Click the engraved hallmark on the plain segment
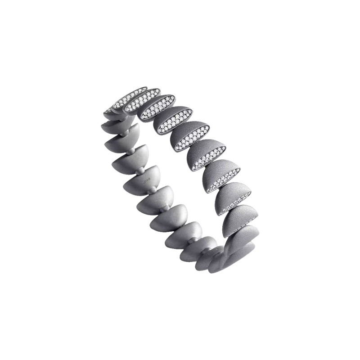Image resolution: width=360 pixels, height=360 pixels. (x=145, y=181)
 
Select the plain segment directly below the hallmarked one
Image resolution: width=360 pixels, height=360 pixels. (x=152, y=205)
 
